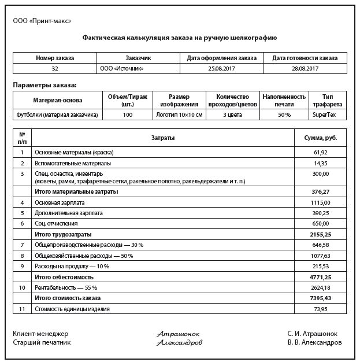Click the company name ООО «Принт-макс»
coord(42,21)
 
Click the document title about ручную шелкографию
coord(180,38)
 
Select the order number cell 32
coord(55,68)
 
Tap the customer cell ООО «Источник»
coord(122,68)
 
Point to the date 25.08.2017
coord(222,68)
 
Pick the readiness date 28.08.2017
coord(305,68)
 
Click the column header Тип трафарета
coord(328,100)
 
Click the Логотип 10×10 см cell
coord(179,114)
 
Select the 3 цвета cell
coord(232,114)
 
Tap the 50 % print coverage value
coord(284,114)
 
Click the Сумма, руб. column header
coord(321,138)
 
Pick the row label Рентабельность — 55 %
coord(66,287)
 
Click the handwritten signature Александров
coord(179,343)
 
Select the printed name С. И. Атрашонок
coord(312,334)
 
